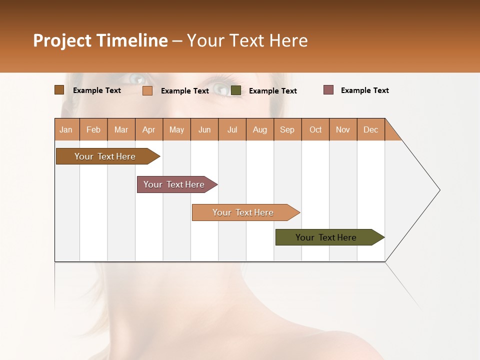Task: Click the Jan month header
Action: click(66, 129)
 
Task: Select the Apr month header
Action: click(148, 129)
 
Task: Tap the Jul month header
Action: click(232, 129)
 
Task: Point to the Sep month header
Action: click(287, 129)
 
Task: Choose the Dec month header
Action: click(370, 129)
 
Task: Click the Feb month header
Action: click(93, 129)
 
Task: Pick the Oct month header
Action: click(315, 129)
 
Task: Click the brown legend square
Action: click(59, 90)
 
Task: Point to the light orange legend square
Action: click(147, 90)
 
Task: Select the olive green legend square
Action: click(236, 90)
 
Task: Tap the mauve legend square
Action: click(328, 90)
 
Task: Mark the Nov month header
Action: click(343, 129)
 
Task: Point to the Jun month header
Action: click(204, 129)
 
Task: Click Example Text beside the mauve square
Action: click(364, 90)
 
